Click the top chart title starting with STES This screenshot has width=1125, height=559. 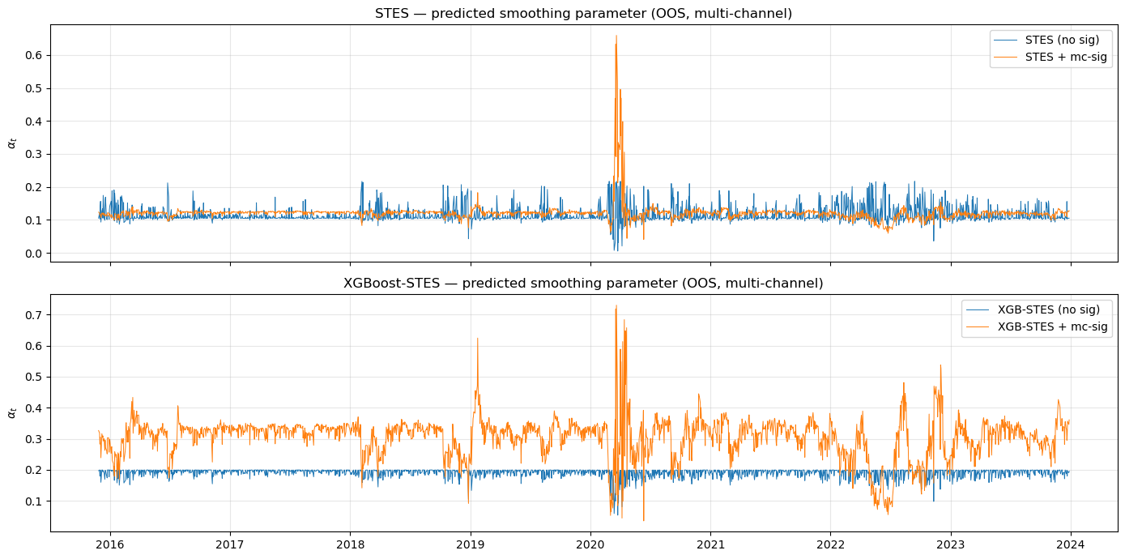[x=583, y=14]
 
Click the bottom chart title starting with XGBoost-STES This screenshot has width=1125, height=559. [x=583, y=284]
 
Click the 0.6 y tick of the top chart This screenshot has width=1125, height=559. [x=34, y=55]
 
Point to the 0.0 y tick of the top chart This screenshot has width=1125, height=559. [x=34, y=254]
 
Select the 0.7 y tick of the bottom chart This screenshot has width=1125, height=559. [x=34, y=314]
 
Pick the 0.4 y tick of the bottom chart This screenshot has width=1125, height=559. [x=34, y=408]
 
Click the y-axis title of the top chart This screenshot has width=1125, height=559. [x=11, y=143]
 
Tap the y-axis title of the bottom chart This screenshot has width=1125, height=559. [x=11, y=412]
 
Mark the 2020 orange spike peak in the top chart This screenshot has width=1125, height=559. [x=616, y=36]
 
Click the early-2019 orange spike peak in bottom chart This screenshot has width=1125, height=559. [x=477, y=338]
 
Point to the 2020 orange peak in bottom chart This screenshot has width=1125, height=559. [x=616, y=305]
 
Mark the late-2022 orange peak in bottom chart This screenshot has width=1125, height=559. [x=940, y=365]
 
